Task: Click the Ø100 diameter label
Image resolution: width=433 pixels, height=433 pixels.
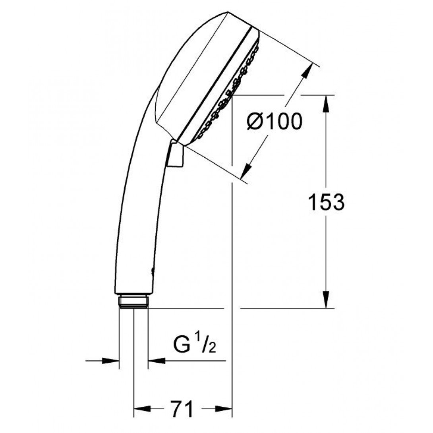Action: coord(274,122)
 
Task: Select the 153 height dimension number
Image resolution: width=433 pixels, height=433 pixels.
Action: coord(326,202)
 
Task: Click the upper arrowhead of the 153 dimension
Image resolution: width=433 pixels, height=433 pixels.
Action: coord(326,104)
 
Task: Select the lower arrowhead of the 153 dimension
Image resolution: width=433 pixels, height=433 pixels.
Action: coord(326,299)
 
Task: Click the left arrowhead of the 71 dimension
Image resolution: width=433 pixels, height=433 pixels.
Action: coord(142,409)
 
